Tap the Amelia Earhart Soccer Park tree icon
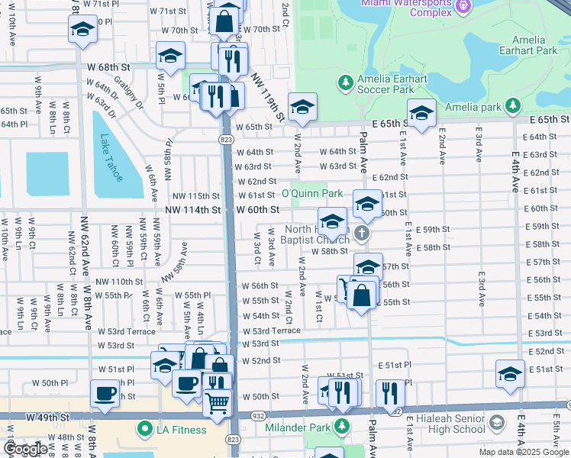[346, 82]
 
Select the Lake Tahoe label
[111, 158]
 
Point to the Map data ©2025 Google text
[524, 452]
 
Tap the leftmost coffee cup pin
[105, 393]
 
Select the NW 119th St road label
[267, 97]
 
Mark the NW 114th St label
[195, 210]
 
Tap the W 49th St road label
[47, 418]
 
